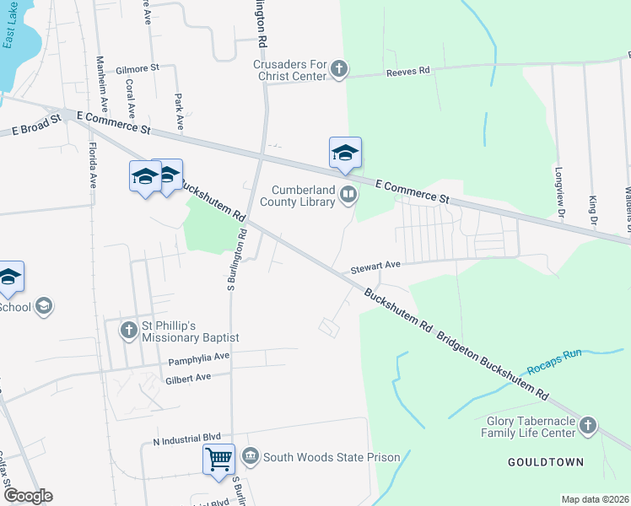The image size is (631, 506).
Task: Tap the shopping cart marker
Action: [218, 460]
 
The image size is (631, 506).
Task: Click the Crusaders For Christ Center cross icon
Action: [338, 68]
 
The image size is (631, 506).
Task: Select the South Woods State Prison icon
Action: [251, 457]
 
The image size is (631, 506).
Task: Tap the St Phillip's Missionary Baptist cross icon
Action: [128, 330]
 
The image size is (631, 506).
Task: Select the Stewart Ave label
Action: [375, 266]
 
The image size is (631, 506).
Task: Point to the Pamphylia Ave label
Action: [199, 360]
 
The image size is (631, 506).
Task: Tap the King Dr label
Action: [593, 209]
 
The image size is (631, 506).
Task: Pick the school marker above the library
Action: [345, 153]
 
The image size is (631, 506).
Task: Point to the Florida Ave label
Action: [91, 164]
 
